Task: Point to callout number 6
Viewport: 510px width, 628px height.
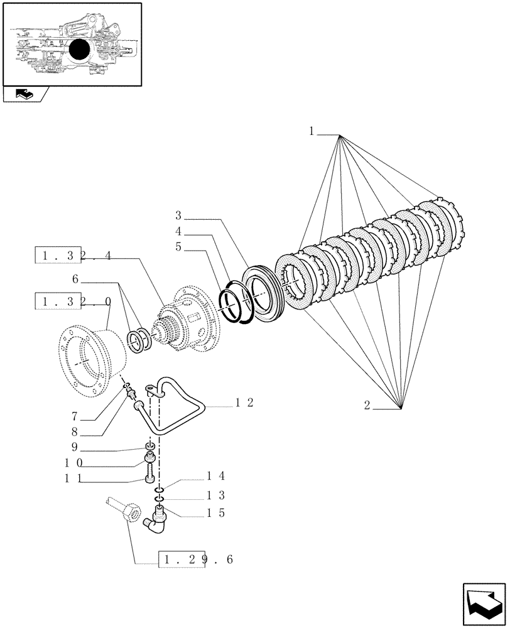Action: click(x=75, y=278)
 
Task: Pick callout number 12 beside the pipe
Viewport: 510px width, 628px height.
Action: click(x=244, y=403)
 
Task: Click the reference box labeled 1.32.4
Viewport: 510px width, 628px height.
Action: click(x=74, y=256)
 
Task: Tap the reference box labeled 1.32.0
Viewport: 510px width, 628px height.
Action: click(x=74, y=301)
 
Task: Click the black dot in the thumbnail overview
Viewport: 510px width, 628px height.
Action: click(x=80, y=50)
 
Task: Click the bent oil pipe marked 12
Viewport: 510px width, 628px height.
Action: click(x=176, y=408)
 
